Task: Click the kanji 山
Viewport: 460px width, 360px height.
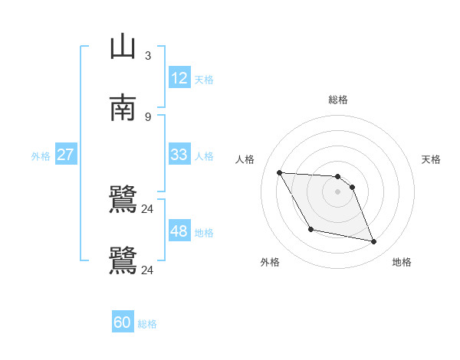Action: [x=123, y=47]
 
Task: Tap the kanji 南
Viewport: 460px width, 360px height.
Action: [x=123, y=108]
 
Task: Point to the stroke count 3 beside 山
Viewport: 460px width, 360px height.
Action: [x=148, y=56]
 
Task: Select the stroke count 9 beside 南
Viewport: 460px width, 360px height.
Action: [x=148, y=116]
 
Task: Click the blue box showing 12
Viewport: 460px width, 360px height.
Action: [x=179, y=77]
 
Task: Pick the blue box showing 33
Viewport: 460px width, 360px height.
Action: [x=179, y=155]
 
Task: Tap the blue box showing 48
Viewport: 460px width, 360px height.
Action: [x=179, y=231]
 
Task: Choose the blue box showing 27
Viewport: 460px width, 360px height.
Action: [x=66, y=155]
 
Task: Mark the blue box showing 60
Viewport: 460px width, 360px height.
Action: [x=123, y=322]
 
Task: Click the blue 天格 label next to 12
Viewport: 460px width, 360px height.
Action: [x=204, y=79]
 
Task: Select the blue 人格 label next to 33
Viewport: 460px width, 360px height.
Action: [x=204, y=156]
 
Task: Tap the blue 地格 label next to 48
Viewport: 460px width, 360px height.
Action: [x=204, y=233]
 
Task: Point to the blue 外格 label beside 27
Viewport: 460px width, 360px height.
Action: [x=41, y=156]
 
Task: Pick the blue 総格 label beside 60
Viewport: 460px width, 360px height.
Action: [x=147, y=324]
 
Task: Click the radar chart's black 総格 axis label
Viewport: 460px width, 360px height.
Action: [x=338, y=100]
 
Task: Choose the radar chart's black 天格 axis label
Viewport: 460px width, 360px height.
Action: [x=432, y=159]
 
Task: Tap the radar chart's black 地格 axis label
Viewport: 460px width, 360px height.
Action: [x=402, y=262]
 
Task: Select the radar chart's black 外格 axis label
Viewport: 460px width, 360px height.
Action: [x=270, y=262]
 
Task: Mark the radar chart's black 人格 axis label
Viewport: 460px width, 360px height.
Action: [x=245, y=159]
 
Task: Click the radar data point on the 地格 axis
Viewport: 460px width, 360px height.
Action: [x=374, y=242]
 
